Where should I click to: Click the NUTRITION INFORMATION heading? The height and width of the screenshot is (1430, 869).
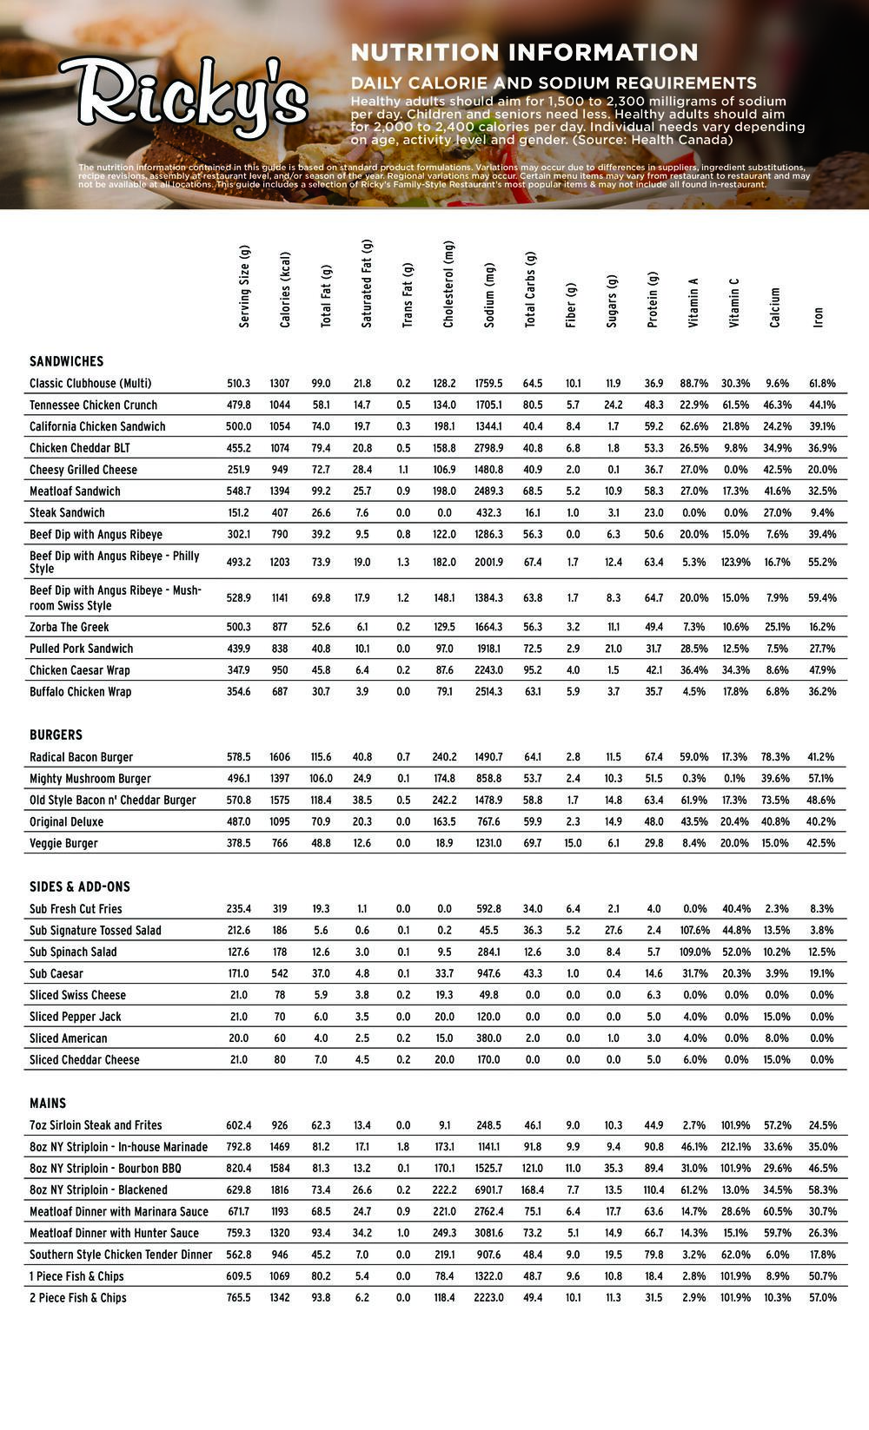tap(524, 52)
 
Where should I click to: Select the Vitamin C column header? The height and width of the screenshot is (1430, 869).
tap(735, 303)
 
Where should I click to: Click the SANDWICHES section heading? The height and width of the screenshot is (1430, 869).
tap(66, 361)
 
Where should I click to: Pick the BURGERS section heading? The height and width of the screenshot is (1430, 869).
tap(56, 735)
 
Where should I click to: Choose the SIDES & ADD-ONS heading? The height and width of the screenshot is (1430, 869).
tap(79, 886)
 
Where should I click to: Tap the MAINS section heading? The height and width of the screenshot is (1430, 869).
tap(48, 1103)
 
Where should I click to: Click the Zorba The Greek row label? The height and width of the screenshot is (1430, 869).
tap(70, 627)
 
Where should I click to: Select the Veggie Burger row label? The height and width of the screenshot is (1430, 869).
tap(63, 843)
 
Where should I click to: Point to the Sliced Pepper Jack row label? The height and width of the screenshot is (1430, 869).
tap(76, 1017)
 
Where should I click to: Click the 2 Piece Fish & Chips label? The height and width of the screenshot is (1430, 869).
tap(78, 1298)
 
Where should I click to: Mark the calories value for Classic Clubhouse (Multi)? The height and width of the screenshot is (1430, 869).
tap(280, 384)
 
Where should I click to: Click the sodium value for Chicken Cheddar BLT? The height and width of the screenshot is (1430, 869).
tap(488, 448)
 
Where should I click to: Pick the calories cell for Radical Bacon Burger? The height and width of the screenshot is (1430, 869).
tap(280, 757)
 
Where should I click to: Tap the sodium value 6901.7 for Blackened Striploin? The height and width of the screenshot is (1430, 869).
tap(488, 1190)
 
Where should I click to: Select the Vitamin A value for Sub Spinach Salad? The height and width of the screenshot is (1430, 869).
tap(694, 952)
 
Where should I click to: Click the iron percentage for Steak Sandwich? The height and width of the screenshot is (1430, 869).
tap(821, 513)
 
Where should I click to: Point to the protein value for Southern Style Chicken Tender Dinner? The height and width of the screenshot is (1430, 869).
tap(653, 1255)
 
